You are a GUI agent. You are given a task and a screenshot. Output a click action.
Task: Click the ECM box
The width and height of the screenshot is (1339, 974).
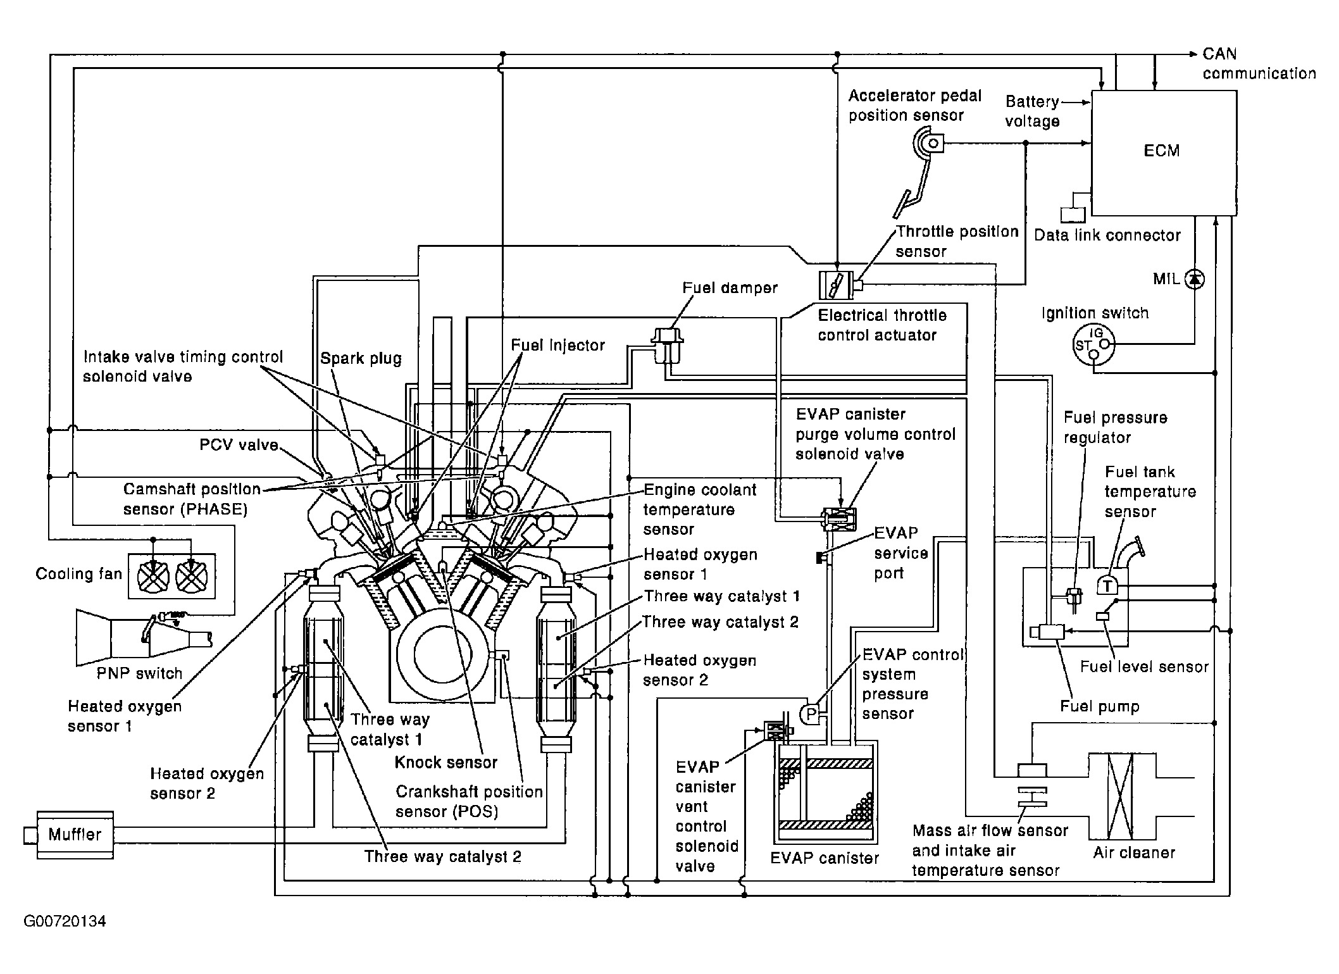1163,152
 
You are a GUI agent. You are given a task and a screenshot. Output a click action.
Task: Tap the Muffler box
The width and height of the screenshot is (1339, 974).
75,835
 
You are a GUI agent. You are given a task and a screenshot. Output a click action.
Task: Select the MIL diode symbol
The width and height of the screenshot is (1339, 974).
1194,278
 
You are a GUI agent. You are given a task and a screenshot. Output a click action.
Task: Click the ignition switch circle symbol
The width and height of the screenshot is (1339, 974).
1094,345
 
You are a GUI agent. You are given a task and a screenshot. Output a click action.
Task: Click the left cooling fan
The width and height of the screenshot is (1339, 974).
153,576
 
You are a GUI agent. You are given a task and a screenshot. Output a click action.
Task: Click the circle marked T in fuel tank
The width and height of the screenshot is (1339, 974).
1107,586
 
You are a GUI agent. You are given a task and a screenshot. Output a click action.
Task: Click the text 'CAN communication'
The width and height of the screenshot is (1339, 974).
1258,64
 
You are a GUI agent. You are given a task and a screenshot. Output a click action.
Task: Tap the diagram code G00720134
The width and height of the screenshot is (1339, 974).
65,921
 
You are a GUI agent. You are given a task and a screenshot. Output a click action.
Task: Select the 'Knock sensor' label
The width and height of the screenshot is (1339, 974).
445,763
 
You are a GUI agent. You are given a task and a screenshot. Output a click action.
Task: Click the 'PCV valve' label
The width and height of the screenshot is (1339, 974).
239,445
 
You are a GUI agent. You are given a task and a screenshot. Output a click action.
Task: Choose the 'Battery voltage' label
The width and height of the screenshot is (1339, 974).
1032,111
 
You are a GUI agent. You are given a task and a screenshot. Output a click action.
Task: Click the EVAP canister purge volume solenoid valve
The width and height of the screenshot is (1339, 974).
839,519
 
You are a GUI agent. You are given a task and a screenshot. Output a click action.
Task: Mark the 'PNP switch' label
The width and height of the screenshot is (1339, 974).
139,673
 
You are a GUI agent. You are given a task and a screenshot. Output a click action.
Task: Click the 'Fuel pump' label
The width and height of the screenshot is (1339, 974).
1100,707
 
